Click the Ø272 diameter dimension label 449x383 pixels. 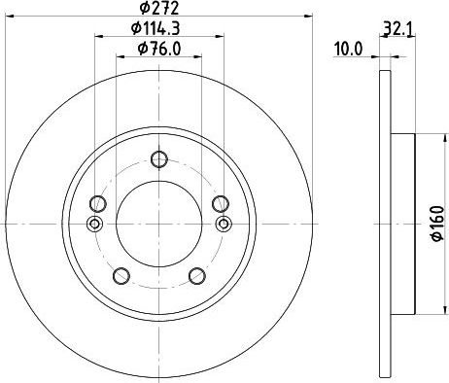(x=159, y=8)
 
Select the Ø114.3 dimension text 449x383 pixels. (x=155, y=28)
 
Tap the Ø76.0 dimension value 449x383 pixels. (x=159, y=49)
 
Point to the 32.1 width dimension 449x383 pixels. (x=397, y=30)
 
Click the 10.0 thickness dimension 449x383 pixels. (x=348, y=50)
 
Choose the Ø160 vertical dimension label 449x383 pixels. (x=437, y=224)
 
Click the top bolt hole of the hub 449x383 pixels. (x=159, y=159)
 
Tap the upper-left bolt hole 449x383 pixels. (x=98, y=204)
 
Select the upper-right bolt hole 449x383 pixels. (x=221, y=204)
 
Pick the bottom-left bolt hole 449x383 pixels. (x=121, y=276)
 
